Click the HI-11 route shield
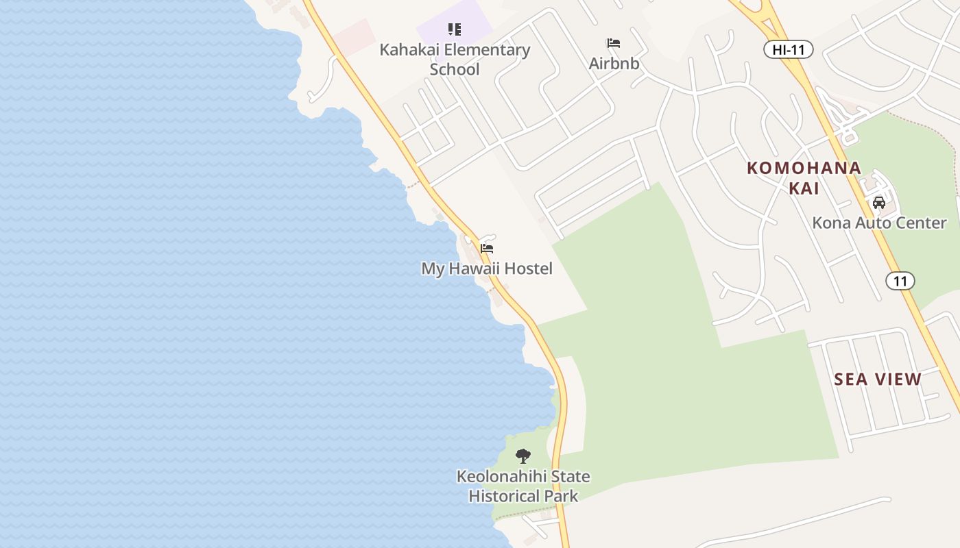788,49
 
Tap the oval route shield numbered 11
900,281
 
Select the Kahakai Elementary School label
455,60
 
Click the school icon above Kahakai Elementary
455,29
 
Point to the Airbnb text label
614,64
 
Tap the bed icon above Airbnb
614,43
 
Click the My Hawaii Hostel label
486,269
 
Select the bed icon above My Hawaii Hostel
487,248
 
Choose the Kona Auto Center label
879,223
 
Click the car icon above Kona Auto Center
879,203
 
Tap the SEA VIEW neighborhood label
878,379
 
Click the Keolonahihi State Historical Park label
523,486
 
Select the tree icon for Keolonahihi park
523,456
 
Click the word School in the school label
455,70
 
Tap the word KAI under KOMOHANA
804,188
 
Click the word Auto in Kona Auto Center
873,223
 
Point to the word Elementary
486,50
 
